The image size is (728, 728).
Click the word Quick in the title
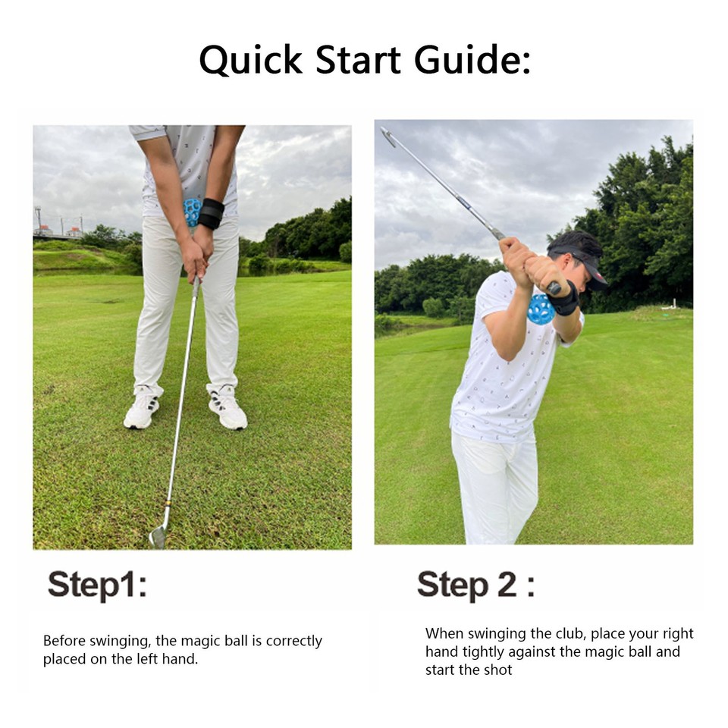pos(250,60)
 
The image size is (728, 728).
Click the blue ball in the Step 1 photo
pos(192,212)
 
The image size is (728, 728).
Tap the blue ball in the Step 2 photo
pos(541,309)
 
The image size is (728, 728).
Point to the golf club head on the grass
pos(158,536)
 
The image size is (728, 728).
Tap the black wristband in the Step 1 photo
pos(211,213)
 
